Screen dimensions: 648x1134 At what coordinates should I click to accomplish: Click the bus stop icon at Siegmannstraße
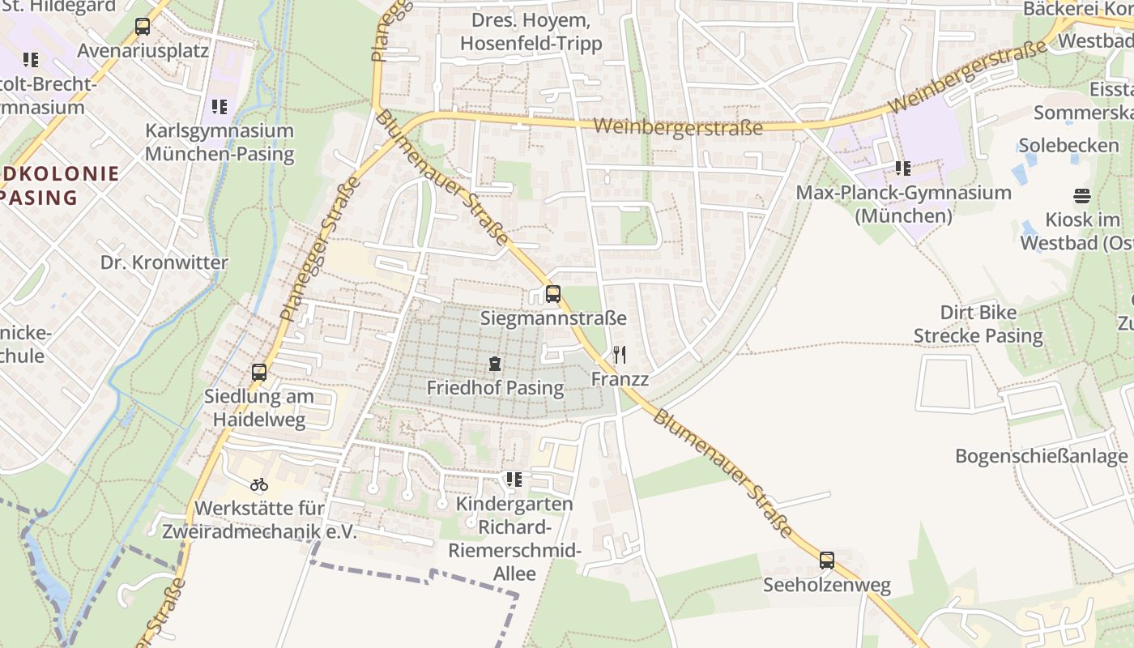click(x=553, y=293)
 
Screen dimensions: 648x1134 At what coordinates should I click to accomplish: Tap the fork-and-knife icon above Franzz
click(x=620, y=354)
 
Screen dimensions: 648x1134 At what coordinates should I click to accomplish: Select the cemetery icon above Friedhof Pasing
click(x=495, y=364)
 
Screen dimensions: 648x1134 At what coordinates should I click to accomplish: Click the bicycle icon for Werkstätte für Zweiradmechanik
click(x=259, y=484)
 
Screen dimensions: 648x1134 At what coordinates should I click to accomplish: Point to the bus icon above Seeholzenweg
click(x=826, y=560)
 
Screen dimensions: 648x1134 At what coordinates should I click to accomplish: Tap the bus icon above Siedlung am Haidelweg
click(x=259, y=373)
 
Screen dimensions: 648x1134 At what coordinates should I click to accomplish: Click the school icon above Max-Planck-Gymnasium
click(x=902, y=168)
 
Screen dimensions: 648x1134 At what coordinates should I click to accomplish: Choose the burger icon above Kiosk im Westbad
click(x=1081, y=195)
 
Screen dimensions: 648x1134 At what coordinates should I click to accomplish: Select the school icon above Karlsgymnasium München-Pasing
click(x=219, y=106)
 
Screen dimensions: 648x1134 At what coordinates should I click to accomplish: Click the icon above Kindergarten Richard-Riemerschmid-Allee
click(x=514, y=480)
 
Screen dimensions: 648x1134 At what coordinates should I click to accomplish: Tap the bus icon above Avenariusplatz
click(x=143, y=27)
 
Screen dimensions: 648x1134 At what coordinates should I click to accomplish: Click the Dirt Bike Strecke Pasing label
click(x=978, y=324)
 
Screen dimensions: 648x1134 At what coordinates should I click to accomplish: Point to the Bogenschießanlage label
click(x=1041, y=456)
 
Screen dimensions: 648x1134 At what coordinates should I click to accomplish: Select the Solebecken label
click(x=1068, y=145)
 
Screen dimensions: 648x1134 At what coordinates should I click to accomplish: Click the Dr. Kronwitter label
click(x=164, y=262)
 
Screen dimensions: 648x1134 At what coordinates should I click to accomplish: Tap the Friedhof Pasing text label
click(x=495, y=388)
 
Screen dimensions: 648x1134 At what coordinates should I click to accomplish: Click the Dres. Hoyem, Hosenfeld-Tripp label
click(x=531, y=32)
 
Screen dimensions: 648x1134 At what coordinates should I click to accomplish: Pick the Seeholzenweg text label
click(x=826, y=585)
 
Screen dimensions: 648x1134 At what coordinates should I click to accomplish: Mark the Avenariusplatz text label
click(x=143, y=51)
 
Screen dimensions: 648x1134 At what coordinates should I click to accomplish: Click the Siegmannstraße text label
click(x=553, y=318)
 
